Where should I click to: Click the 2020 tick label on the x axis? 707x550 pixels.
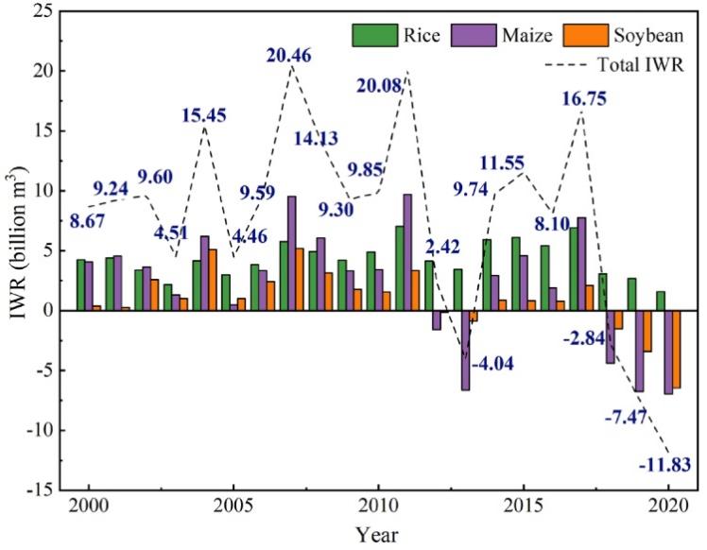[x=666, y=503]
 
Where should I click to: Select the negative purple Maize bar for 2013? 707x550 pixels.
[x=465, y=350]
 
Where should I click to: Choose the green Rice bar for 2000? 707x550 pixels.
[x=81, y=284]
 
